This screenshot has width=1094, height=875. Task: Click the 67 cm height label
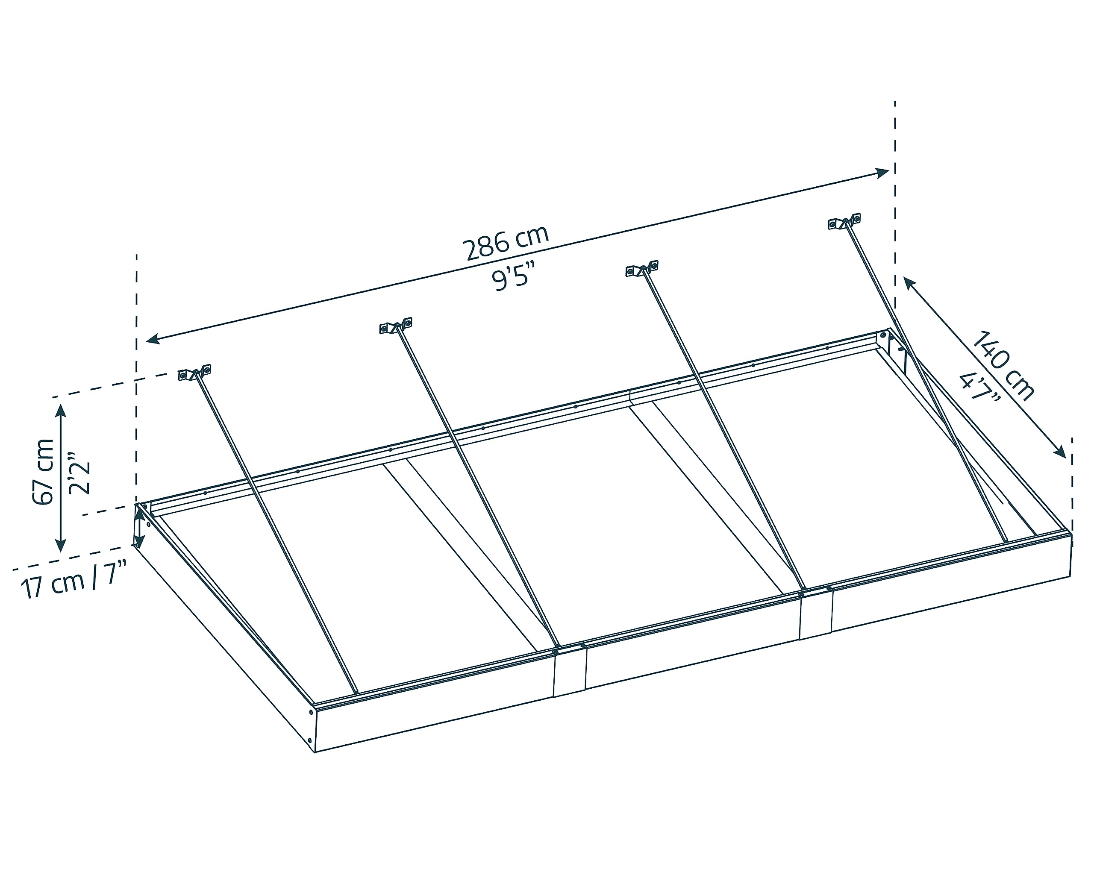[x=43, y=472]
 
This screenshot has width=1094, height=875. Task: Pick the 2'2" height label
[x=79, y=472]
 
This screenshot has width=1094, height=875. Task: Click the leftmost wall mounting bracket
[x=194, y=373]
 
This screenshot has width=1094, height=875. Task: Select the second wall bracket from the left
[x=396, y=326]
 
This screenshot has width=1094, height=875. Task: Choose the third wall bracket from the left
[x=642, y=269]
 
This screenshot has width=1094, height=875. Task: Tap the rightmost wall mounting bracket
[x=844, y=222]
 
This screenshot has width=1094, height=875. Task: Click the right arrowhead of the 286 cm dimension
[x=882, y=173]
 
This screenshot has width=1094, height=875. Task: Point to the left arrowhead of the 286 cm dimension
[x=153, y=339]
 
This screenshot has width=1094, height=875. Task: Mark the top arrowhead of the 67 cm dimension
[x=61, y=411]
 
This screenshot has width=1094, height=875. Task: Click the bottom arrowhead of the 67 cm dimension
[x=61, y=545]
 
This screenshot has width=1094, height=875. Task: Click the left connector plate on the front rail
[x=569, y=672]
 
